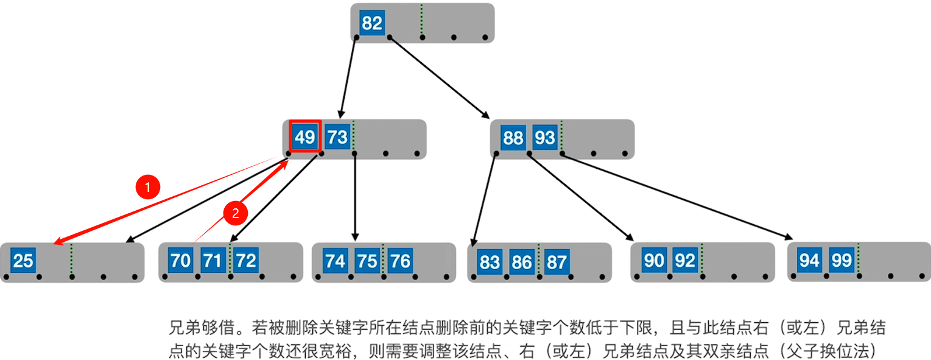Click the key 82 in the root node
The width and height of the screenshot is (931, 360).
pyautogui.click(x=372, y=23)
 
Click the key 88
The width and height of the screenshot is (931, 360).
pyautogui.click(x=513, y=138)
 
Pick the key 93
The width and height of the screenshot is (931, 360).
pyautogui.click(x=545, y=138)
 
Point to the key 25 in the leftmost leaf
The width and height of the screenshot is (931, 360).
pyautogui.click(x=23, y=261)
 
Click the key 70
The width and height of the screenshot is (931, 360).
pyautogui.click(x=181, y=261)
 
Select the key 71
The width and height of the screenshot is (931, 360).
pyautogui.click(x=213, y=261)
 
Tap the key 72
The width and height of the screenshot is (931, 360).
pyautogui.click(x=246, y=261)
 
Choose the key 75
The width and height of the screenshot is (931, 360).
pyautogui.click(x=367, y=261)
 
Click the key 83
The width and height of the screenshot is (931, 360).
pyautogui.click(x=490, y=263)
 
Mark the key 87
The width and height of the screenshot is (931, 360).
pyautogui.click(x=557, y=263)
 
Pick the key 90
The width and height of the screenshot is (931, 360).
pyautogui.click(x=654, y=261)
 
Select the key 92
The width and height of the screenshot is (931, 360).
pyautogui.click(x=685, y=261)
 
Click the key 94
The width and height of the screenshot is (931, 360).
pyautogui.click(x=810, y=261)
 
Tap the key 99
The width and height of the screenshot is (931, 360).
pyautogui.click(x=841, y=261)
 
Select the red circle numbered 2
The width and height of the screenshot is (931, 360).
pyautogui.click(x=236, y=213)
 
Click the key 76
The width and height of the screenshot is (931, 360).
pyautogui.click(x=400, y=261)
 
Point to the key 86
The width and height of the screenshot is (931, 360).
pyautogui.click(x=522, y=263)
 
